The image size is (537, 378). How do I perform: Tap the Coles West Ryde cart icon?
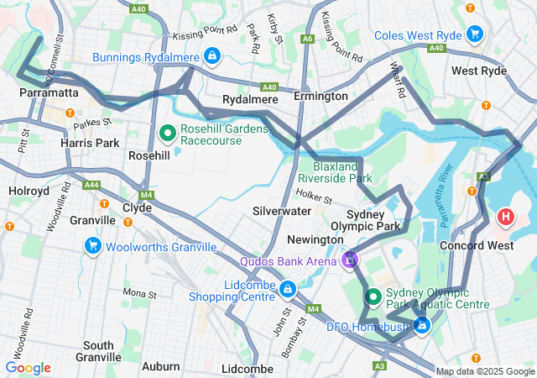(x=475, y=34)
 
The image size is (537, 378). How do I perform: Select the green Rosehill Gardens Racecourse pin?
(x=167, y=133)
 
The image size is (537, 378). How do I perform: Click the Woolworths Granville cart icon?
(x=92, y=246)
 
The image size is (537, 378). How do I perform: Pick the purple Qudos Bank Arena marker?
(x=349, y=260)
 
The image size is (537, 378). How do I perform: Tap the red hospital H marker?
(x=506, y=218)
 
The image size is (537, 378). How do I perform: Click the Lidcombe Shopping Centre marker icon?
(x=288, y=290)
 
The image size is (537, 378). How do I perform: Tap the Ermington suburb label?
(x=321, y=97)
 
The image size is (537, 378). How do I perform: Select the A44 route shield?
(x=91, y=185)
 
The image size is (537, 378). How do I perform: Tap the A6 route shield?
(x=309, y=38)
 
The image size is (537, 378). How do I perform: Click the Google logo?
(x=29, y=368)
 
